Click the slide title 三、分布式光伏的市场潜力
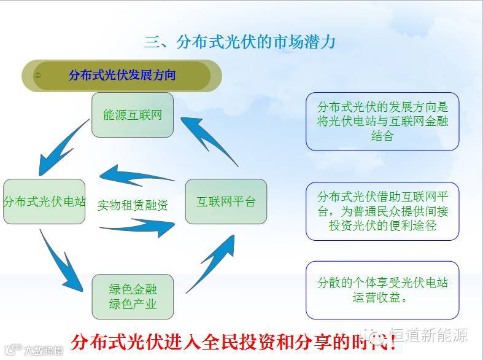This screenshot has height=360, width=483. click(x=240, y=42)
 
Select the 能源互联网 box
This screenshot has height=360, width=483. click(x=133, y=115)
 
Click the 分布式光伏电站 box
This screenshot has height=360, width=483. click(x=44, y=202)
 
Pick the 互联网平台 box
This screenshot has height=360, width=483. click(x=226, y=202)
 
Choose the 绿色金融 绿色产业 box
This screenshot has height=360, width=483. click(x=133, y=296)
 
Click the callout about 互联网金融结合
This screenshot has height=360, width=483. click(x=382, y=122)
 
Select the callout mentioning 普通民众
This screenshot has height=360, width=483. click(x=382, y=211)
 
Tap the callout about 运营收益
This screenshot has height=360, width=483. click(x=382, y=290)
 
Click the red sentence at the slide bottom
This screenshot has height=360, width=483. click(x=233, y=342)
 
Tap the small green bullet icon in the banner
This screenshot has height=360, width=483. click(x=39, y=76)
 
